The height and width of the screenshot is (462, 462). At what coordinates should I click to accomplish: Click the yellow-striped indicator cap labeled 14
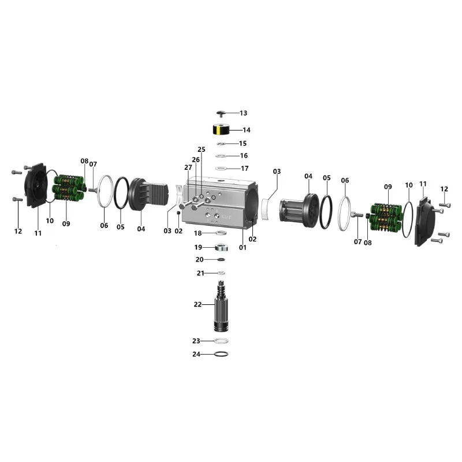pos(221,129)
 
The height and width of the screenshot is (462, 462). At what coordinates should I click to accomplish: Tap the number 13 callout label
pos(243,113)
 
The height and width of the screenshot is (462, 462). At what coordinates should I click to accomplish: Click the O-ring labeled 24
pos(221,354)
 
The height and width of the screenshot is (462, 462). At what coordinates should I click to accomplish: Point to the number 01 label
pos(243,248)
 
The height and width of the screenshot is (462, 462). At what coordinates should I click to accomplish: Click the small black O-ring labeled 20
pos(221,259)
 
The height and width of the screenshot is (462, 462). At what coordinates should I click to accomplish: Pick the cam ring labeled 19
pos(221,247)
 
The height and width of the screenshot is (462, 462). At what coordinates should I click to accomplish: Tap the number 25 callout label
pos(202,150)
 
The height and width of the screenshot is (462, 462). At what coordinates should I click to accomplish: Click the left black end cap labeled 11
pos(36,185)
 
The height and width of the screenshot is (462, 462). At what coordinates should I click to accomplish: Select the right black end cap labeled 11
pos(424,221)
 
